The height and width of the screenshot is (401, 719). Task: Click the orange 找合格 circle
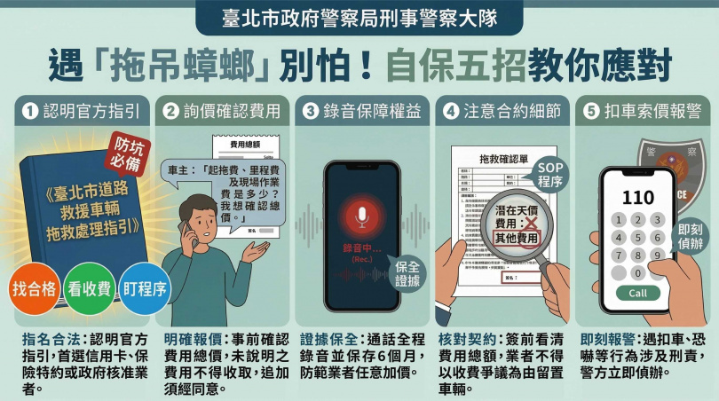tap(32, 288)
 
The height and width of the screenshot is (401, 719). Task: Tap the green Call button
tap(638, 293)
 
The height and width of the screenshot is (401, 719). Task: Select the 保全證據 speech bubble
tap(408, 272)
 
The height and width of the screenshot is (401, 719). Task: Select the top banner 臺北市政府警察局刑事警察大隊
tap(359, 17)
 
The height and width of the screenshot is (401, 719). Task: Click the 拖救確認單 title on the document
tap(503, 158)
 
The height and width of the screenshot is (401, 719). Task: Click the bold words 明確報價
tap(189, 339)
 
